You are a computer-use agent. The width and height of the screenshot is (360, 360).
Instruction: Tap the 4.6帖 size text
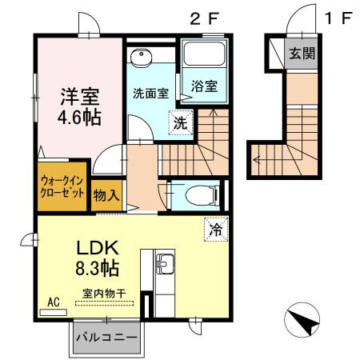78,116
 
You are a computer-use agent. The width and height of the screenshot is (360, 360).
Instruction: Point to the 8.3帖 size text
98,267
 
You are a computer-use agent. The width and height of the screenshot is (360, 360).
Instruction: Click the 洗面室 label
150,92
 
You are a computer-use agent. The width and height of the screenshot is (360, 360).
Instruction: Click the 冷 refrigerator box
214,229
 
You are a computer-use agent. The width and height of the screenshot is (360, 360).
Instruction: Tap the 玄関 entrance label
301,54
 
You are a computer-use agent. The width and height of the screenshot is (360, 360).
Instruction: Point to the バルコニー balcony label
105,338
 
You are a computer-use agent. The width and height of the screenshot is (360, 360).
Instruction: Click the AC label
54,302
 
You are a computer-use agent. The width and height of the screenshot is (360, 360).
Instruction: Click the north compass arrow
302,322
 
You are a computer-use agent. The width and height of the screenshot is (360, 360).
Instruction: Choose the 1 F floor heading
337,18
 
